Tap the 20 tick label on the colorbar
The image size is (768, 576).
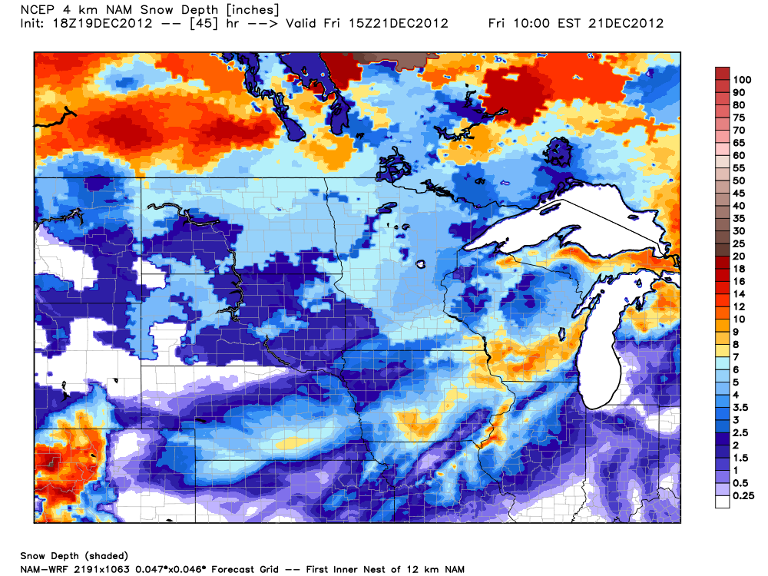click(739, 256)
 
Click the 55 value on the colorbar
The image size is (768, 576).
click(739, 167)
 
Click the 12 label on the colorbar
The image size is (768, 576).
click(739, 306)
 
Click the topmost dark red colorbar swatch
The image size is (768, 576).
click(723, 74)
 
